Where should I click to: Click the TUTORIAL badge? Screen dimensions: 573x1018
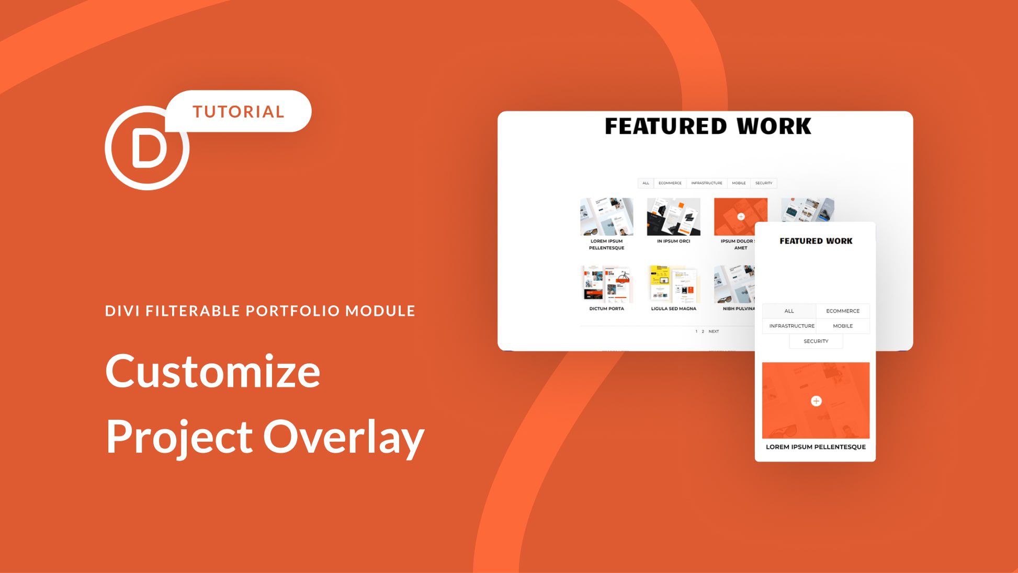(x=239, y=111)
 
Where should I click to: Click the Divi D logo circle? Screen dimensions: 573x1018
(x=148, y=148)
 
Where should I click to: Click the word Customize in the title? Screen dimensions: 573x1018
(x=213, y=371)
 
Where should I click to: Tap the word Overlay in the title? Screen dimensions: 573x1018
(x=343, y=437)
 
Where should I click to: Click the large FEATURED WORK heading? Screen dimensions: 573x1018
(x=708, y=127)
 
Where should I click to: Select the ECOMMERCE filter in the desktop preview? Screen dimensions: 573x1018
(x=670, y=183)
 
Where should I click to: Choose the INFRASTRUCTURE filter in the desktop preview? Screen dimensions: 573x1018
(x=706, y=183)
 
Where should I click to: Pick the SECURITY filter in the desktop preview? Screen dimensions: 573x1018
(x=763, y=183)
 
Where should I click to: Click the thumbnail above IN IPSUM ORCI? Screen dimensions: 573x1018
(x=673, y=216)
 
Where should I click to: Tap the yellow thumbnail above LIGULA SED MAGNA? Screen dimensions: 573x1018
(x=673, y=284)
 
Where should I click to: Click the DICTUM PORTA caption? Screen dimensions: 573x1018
(x=606, y=308)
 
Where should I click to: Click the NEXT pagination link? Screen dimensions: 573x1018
(x=714, y=331)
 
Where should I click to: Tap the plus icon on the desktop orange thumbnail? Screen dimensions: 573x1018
(x=741, y=216)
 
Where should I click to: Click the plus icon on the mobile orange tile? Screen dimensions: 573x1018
(x=816, y=401)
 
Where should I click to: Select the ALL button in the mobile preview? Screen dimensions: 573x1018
(x=789, y=311)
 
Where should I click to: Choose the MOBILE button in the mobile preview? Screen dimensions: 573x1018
(x=843, y=326)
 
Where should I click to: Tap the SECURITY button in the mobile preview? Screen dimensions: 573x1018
(x=816, y=341)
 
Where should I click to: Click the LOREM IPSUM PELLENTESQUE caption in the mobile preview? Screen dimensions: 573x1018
(x=816, y=447)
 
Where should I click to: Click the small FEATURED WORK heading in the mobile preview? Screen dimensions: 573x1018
(x=816, y=241)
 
